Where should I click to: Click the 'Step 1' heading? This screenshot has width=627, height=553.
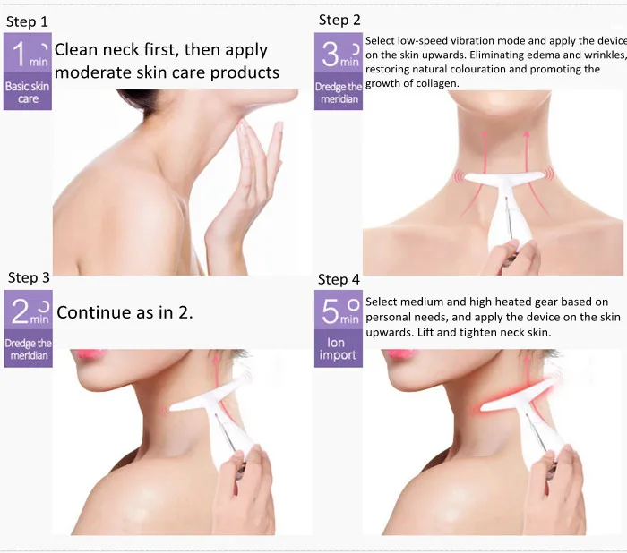tap(27, 21)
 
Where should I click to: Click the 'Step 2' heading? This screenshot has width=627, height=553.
tap(339, 20)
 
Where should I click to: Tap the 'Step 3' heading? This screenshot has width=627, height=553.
tap(29, 277)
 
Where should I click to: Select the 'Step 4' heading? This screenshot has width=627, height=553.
tap(339, 279)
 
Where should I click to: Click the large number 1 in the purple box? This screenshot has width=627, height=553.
tap(19, 55)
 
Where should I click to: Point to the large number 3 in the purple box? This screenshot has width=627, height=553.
tap(331, 55)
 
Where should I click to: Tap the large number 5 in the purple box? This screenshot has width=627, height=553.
tap(331, 311)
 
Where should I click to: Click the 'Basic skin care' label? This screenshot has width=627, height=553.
tap(28, 92)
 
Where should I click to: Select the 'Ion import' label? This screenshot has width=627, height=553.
tap(338, 348)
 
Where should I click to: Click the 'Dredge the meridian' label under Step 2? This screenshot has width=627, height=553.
tap(339, 93)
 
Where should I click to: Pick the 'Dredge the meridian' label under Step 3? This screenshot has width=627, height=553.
tap(29, 349)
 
